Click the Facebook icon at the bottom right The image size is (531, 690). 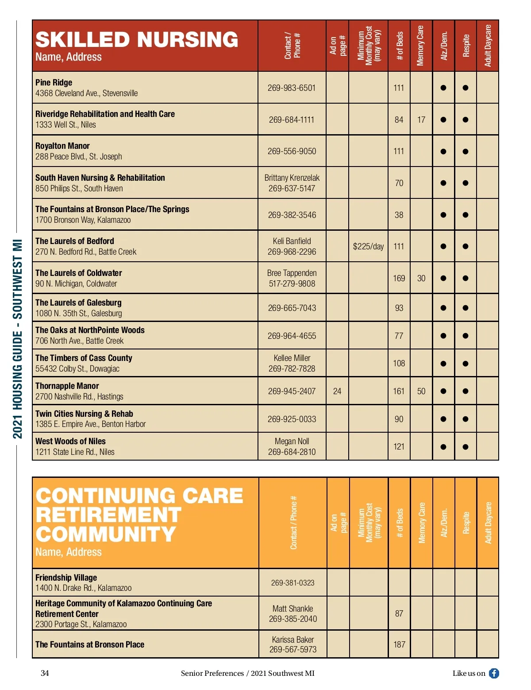[494, 673]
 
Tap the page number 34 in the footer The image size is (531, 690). [45, 673]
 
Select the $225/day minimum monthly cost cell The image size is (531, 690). [368, 246]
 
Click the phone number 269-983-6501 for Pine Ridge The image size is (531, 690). [292, 88]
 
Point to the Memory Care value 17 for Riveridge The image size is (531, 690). [421, 120]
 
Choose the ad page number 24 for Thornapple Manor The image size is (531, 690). [337, 391]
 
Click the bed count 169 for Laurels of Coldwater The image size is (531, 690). [399, 278]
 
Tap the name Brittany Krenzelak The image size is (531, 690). [292, 178]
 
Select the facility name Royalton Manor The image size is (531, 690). [62, 146]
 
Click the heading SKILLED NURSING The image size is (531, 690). [137, 39]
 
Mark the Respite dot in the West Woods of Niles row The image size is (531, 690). [465, 447]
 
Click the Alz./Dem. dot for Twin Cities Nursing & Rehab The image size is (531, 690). [443, 419]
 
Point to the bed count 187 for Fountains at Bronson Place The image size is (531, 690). [399, 644]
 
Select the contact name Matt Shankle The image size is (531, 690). [292, 609]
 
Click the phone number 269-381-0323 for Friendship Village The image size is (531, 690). [292, 583]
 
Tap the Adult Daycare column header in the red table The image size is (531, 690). [488, 46]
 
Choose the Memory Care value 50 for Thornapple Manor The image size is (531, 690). [421, 391]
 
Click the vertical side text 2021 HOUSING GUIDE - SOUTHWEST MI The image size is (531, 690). [17, 339]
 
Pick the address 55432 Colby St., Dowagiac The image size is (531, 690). [77, 368]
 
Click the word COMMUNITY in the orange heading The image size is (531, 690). [106, 534]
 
